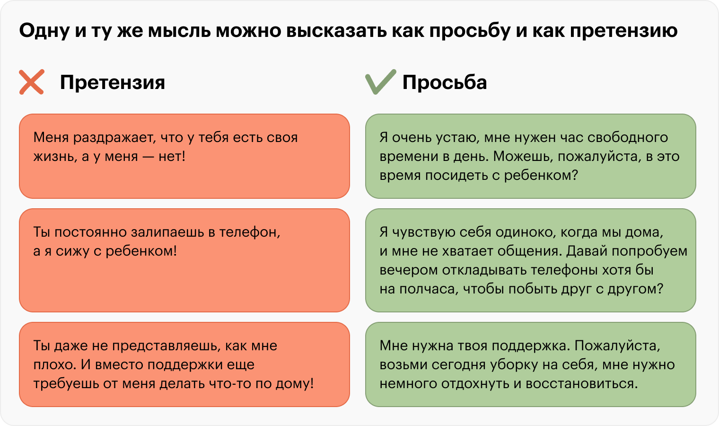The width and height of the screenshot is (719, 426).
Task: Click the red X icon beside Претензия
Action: click(x=31, y=82)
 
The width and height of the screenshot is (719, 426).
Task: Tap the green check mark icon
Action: click(x=381, y=82)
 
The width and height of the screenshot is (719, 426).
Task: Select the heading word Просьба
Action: click(x=445, y=82)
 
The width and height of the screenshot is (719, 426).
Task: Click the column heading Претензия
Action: click(x=113, y=82)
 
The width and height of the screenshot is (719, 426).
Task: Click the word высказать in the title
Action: click(x=336, y=31)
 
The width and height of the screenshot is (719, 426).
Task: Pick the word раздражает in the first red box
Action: click(x=114, y=138)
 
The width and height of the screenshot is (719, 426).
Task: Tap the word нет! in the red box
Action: click(x=172, y=157)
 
